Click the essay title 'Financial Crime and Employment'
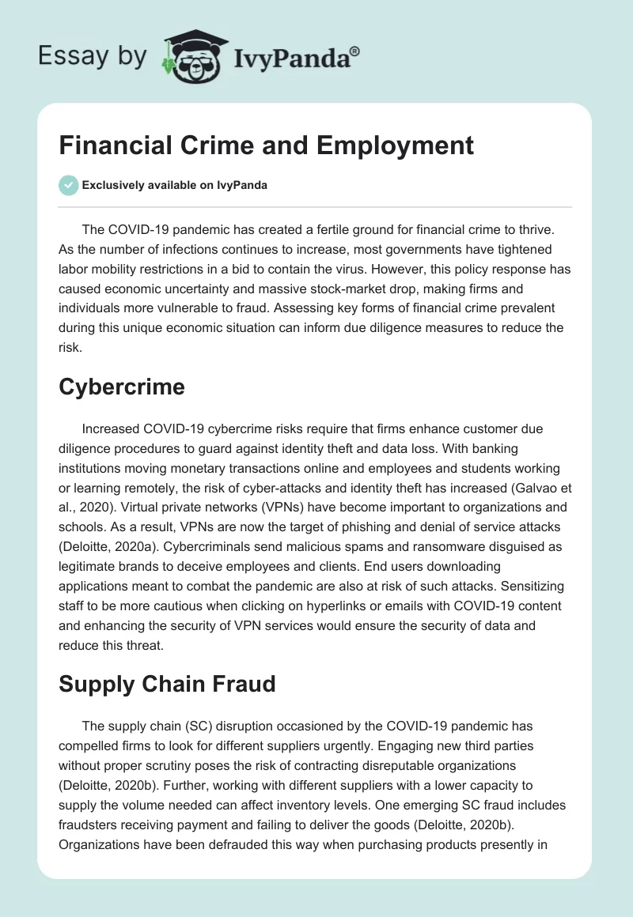coord(266,145)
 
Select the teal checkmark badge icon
coord(68,186)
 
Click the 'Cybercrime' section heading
coord(121,387)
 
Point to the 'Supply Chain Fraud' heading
coord(167,683)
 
